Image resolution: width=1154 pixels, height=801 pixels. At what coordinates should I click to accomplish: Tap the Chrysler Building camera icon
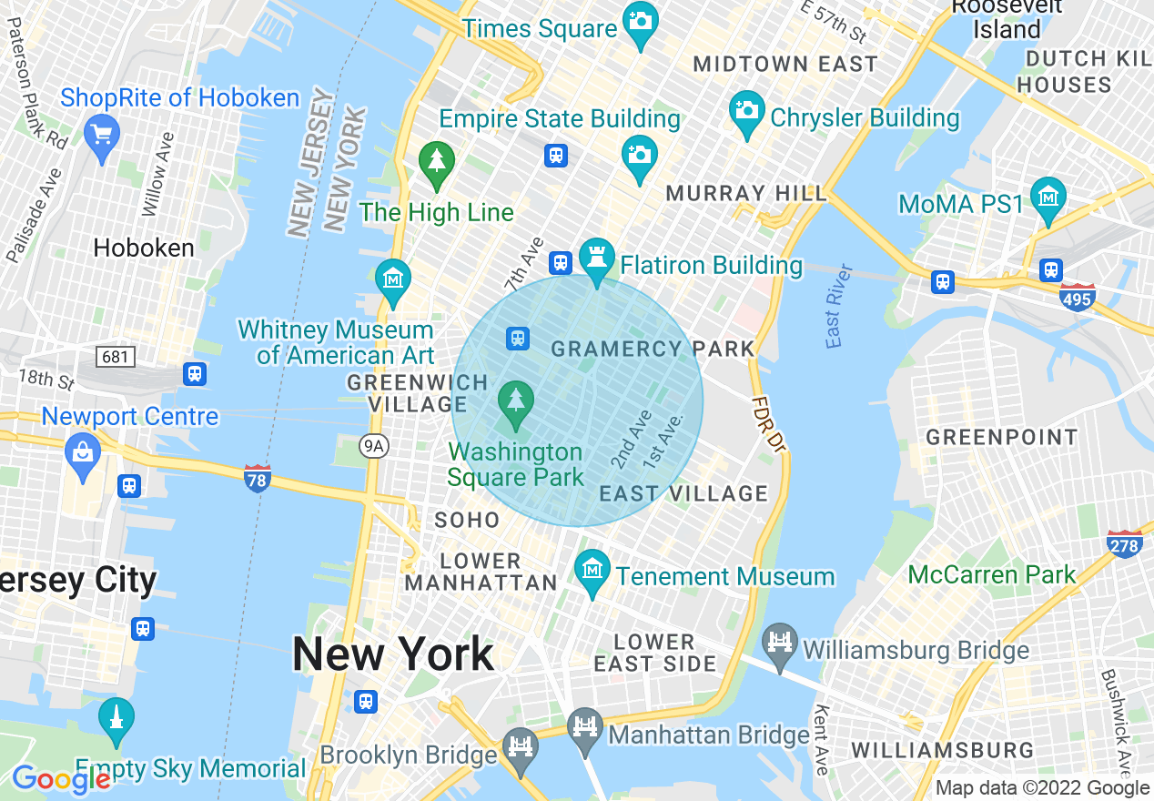(x=747, y=111)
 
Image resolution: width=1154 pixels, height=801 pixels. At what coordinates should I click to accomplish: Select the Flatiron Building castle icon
(x=597, y=257)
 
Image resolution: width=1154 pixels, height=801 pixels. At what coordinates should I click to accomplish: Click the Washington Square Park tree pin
(x=517, y=400)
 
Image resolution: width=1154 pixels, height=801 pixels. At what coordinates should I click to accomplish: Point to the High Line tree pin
(x=437, y=160)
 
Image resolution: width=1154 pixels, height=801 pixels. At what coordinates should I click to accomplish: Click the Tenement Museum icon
(x=592, y=570)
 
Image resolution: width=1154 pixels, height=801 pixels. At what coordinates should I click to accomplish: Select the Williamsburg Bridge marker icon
(x=780, y=643)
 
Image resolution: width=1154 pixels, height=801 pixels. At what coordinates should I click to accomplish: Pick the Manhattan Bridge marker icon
(x=586, y=727)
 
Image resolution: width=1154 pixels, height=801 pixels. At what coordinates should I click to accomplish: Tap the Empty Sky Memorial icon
(x=116, y=717)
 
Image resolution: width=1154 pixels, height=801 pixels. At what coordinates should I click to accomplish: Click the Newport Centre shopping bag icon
(x=83, y=451)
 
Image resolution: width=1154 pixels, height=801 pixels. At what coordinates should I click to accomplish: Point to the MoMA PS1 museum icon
(x=1048, y=196)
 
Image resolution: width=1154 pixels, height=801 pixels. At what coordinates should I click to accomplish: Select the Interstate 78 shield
(x=258, y=478)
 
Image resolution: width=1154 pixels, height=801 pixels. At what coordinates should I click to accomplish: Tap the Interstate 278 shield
(x=1125, y=543)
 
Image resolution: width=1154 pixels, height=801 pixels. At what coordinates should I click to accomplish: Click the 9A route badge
(x=373, y=446)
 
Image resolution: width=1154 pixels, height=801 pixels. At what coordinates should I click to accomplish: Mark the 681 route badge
(x=116, y=356)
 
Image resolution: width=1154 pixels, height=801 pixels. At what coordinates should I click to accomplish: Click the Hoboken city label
(x=144, y=248)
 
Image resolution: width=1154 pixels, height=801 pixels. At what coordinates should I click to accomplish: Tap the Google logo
(x=60, y=779)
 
